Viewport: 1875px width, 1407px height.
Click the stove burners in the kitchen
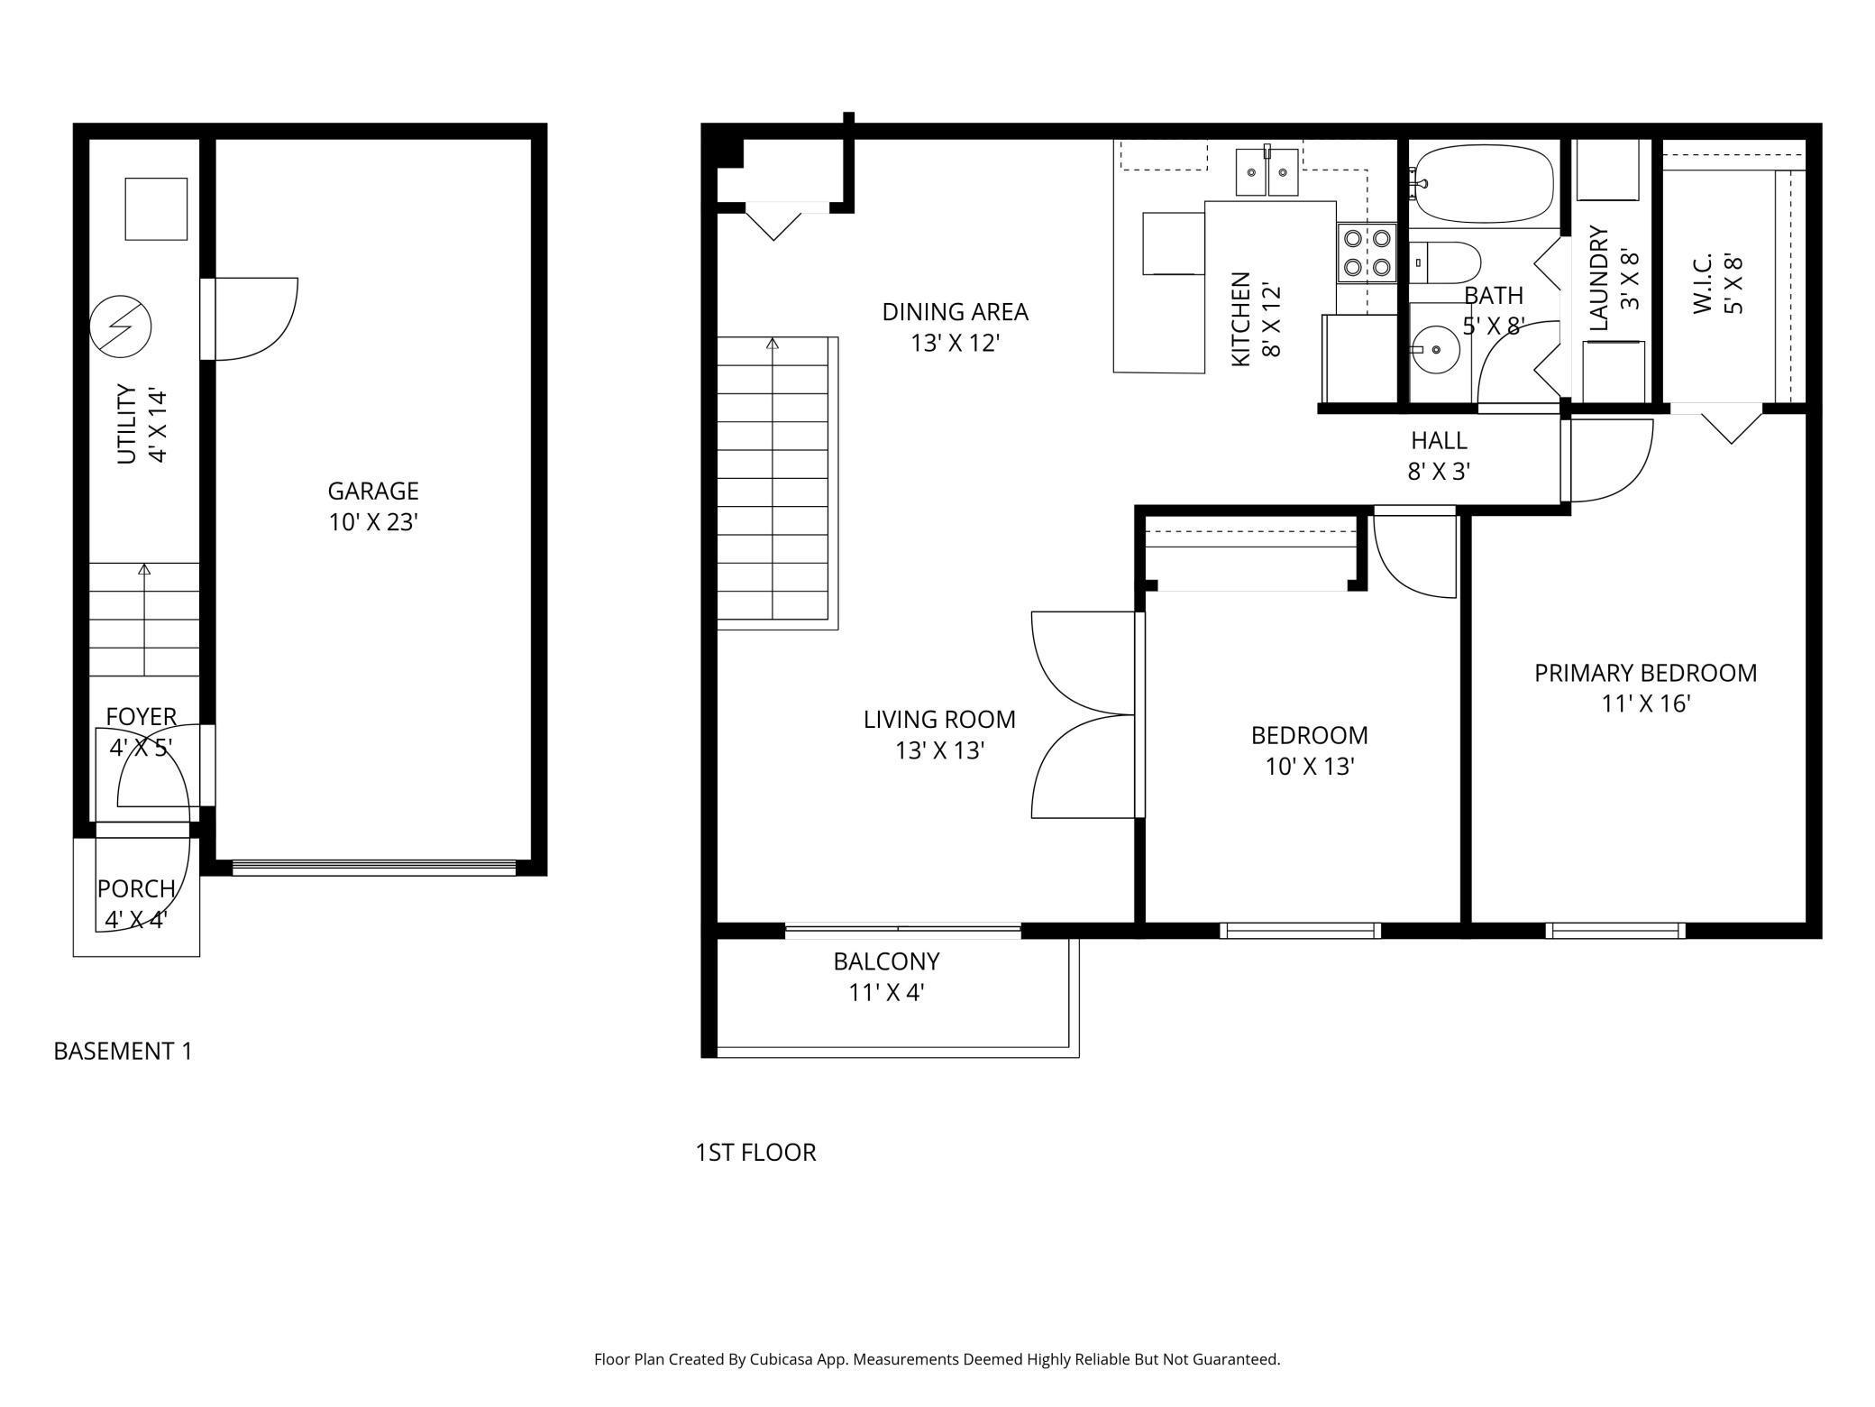pyautogui.click(x=1367, y=253)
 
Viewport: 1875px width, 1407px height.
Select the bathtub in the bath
pyautogui.click(x=1482, y=184)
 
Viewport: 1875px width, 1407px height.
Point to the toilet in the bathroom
pyautogui.click(x=1444, y=262)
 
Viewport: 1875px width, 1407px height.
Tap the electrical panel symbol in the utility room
pyautogui.click(x=121, y=325)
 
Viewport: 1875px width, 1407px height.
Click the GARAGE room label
pyautogui.click(x=373, y=491)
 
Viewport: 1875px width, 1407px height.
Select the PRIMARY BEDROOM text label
pyautogui.click(x=1645, y=673)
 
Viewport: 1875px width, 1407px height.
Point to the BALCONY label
pyautogui.click(x=886, y=961)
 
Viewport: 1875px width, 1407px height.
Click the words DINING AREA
pyautogui.click(x=955, y=312)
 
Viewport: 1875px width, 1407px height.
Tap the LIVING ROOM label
pyautogui.click(x=939, y=720)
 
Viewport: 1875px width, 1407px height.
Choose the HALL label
pyautogui.click(x=1439, y=440)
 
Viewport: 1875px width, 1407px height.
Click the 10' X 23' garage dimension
pyautogui.click(x=373, y=522)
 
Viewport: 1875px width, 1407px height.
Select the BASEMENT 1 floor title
pyautogui.click(x=123, y=1051)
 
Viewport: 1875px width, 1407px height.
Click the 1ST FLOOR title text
pyautogui.click(x=755, y=1152)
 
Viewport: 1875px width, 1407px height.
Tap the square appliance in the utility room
pyautogui.click(x=156, y=208)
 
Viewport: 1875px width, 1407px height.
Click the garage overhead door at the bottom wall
pyautogui.click(x=374, y=867)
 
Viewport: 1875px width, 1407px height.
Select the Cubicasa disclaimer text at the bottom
pyautogui.click(x=937, y=1359)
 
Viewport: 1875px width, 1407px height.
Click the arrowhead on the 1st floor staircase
pyautogui.click(x=773, y=344)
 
